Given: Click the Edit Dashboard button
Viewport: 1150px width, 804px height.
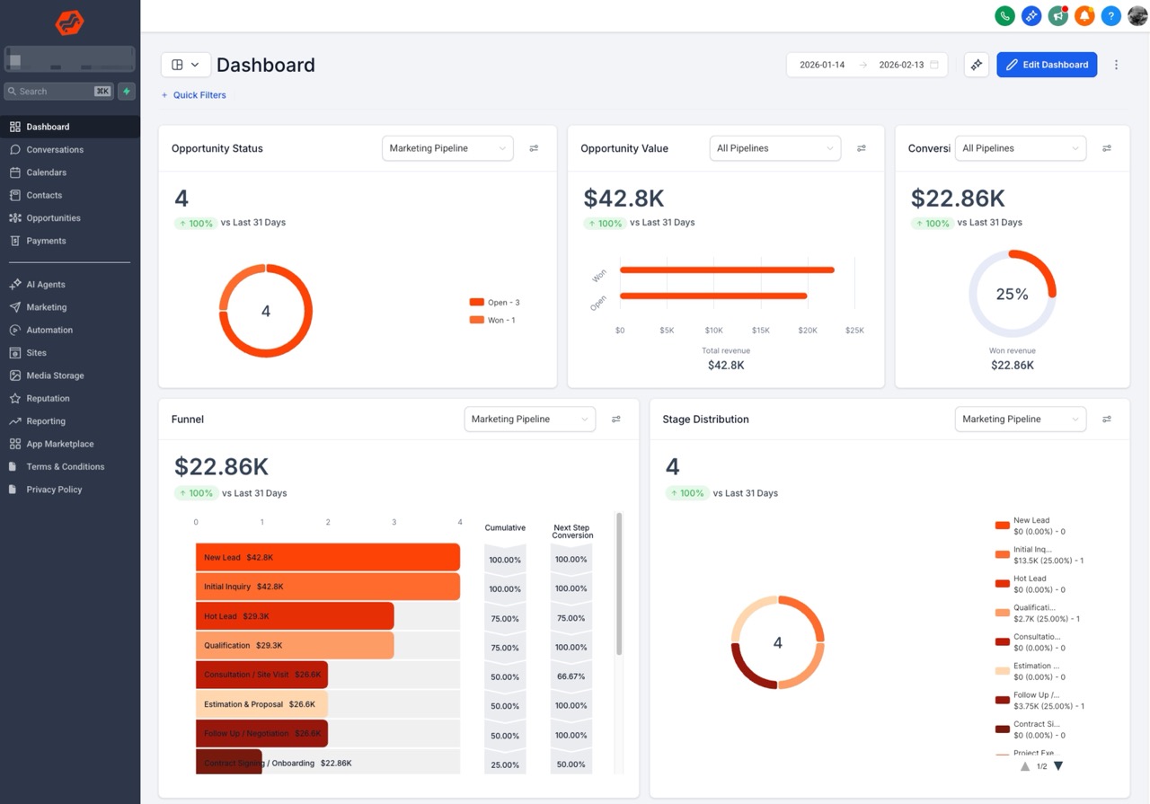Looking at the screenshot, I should (x=1047, y=65).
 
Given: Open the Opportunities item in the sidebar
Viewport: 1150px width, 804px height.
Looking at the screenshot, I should (x=53, y=218).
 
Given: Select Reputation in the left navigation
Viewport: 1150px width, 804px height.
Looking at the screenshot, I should (x=48, y=398).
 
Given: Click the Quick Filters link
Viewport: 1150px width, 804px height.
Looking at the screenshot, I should (x=199, y=95).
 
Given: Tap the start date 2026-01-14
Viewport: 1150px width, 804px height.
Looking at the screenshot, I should (x=822, y=65).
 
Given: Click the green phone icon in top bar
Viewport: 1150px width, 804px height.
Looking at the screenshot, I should (x=1004, y=15).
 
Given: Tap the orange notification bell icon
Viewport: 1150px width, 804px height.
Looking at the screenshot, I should (x=1084, y=15).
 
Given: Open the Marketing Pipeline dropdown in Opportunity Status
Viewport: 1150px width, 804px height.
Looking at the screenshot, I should (x=447, y=148).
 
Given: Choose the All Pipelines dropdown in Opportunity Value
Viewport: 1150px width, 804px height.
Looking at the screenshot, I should (x=774, y=148).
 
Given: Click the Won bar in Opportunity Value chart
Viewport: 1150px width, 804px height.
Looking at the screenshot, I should (x=726, y=269).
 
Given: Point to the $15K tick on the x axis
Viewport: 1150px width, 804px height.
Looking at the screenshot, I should (x=761, y=331).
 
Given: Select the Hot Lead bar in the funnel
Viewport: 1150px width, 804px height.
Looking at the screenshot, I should (x=295, y=616).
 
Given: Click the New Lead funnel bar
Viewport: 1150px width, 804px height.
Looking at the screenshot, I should (x=327, y=557).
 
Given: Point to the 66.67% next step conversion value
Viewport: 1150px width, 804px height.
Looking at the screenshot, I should (x=571, y=676).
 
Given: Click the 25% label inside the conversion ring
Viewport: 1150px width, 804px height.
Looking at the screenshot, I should (x=1012, y=295).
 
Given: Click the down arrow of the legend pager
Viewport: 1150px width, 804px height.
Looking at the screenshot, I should (x=1058, y=766).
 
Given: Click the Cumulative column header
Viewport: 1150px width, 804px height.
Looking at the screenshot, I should (x=505, y=528).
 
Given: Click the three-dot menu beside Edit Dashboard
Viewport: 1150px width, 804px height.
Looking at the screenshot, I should (x=1116, y=65).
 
